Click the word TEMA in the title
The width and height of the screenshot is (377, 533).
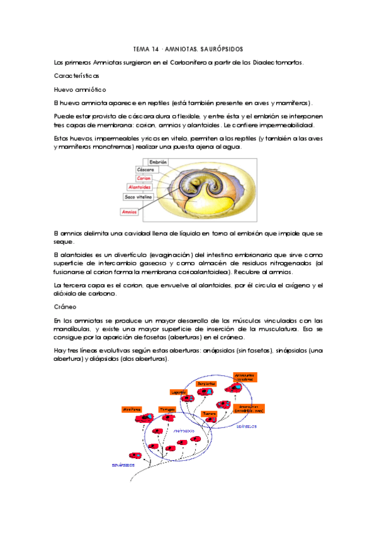tap(141, 48)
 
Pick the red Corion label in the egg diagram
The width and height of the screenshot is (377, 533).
tap(143, 179)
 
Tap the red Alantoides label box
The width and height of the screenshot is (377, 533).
tap(138, 187)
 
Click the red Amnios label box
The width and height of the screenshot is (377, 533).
tap(130, 212)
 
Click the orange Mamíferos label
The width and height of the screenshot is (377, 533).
tap(132, 409)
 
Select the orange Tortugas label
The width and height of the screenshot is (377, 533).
tap(167, 409)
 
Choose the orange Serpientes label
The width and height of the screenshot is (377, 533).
tap(206, 383)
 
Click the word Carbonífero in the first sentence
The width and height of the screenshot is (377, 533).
tap(183, 62)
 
